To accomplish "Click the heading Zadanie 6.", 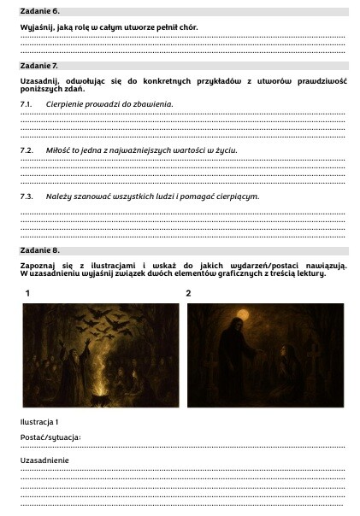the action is tap(40, 11).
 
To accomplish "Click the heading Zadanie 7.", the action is tap(40, 65).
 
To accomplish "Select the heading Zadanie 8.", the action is tap(40, 250).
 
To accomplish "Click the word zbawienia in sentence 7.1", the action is tap(152, 103).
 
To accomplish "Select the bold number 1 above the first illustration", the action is tap(28, 293).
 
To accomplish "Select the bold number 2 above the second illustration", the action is tap(188, 293).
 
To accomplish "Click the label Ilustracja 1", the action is tap(39, 422).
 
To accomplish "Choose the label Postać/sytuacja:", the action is tap(50, 437).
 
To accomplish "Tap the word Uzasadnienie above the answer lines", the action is tap(44, 460).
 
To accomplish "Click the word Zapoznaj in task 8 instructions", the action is tap(38, 266).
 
